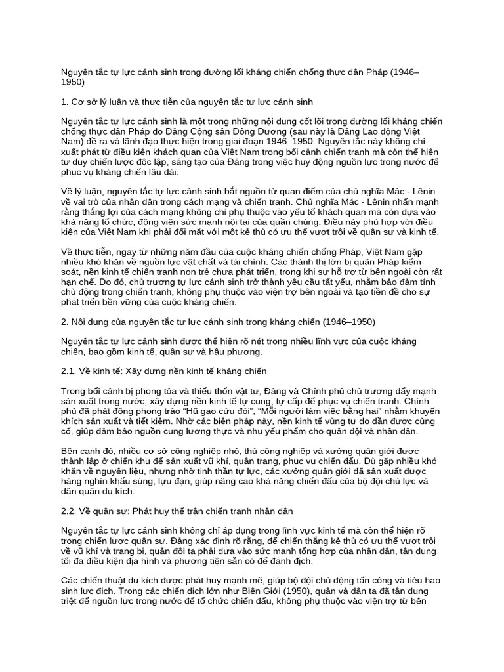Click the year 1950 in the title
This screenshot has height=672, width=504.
[73, 83]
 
